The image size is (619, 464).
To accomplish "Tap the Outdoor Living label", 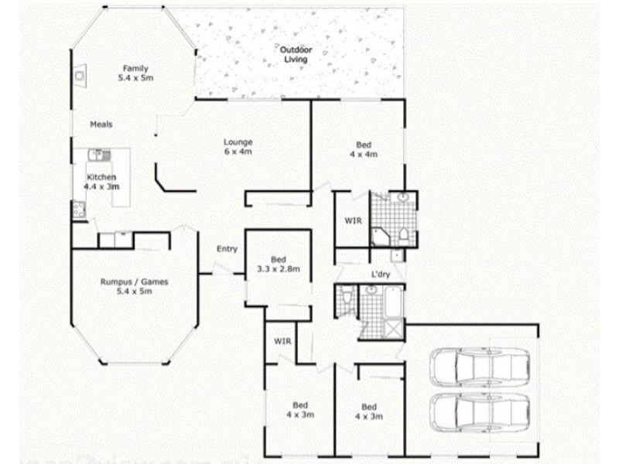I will click(x=294, y=54).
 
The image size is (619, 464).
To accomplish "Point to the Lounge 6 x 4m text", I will click(x=238, y=146).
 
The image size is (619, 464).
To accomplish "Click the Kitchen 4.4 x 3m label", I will click(x=101, y=182).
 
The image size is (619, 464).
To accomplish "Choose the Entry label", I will click(x=227, y=249).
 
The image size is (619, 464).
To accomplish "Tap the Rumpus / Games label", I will click(x=134, y=287).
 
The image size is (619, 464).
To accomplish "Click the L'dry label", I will click(x=380, y=275).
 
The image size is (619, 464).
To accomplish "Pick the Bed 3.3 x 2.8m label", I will click(x=278, y=264).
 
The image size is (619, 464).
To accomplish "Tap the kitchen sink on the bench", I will click(x=99, y=156).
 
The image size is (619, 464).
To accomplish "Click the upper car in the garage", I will click(x=480, y=365).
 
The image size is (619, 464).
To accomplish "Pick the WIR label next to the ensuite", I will click(x=353, y=220).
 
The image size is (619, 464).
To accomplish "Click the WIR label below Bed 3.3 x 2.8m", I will click(x=281, y=341).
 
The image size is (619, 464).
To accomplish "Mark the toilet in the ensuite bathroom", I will click(x=403, y=235).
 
